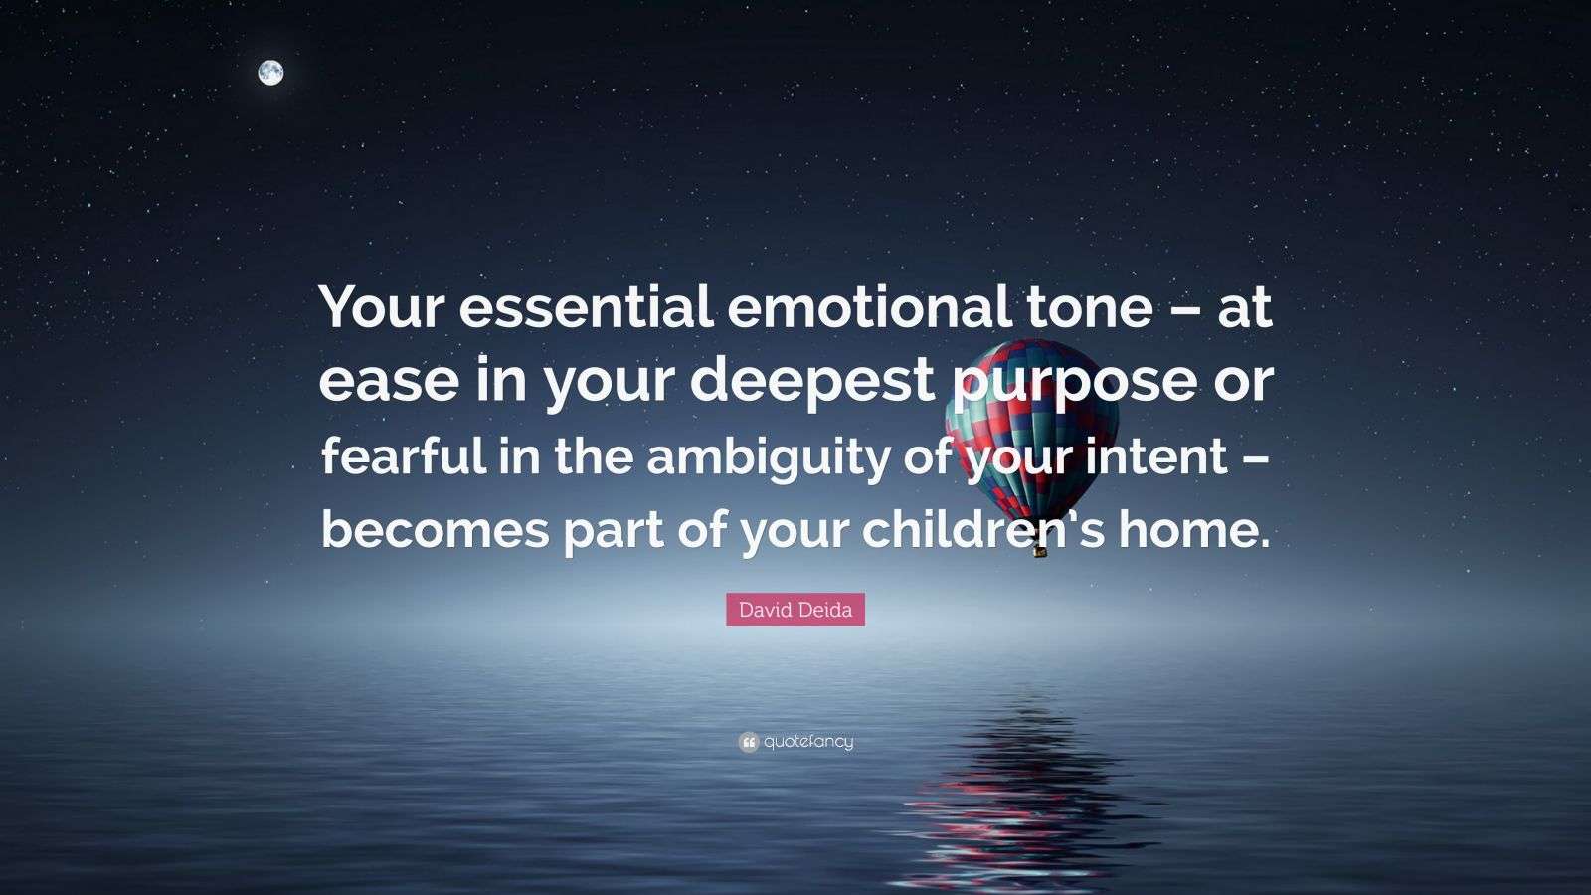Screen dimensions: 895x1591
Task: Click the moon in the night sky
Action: click(x=270, y=72)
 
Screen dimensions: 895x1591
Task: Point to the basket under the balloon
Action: click(x=1040, y=548)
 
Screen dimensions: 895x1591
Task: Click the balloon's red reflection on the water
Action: click(x=1004, y=796)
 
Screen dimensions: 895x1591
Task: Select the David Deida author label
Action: click(x=795, y=610)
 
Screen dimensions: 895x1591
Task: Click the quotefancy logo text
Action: click(x=808, y=742)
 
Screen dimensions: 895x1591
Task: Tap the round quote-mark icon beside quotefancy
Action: click(x=749, y=742)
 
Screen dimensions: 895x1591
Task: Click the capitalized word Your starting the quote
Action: click(x=381, y=309)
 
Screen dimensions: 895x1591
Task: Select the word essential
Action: click(x=585, y=309)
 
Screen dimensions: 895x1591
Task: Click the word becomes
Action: click(x=435, y=530)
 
